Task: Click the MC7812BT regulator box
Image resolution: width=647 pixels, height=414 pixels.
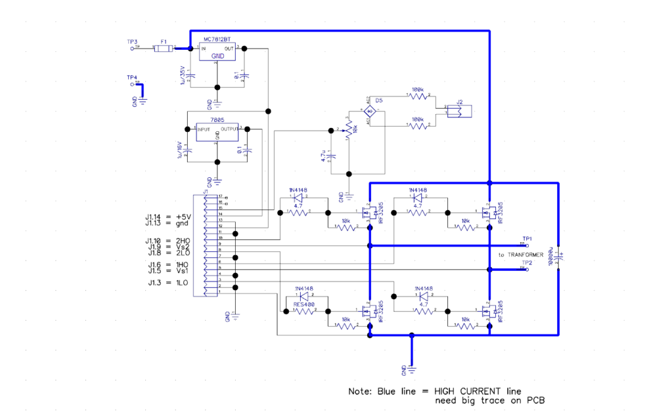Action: point(217,52)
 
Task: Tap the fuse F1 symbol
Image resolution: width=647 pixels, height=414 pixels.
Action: point(163,48)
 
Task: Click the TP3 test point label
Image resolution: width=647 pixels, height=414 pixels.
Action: point(132,42)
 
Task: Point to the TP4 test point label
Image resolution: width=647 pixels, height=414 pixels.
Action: point(132,78)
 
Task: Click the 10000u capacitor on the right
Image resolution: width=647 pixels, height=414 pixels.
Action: point(559,256)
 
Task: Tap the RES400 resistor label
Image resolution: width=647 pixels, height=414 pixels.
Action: point(304,304)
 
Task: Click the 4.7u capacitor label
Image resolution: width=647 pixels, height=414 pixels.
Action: point(324,157)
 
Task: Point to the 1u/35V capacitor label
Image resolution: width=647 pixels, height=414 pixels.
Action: point(183,74)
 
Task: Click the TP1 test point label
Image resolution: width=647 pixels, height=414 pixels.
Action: point(527,239)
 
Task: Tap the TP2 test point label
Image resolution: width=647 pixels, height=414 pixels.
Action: point(527,263)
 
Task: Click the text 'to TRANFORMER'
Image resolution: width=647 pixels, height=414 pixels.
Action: point(520,254)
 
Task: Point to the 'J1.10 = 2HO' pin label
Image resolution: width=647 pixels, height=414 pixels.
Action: point(168,240)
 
